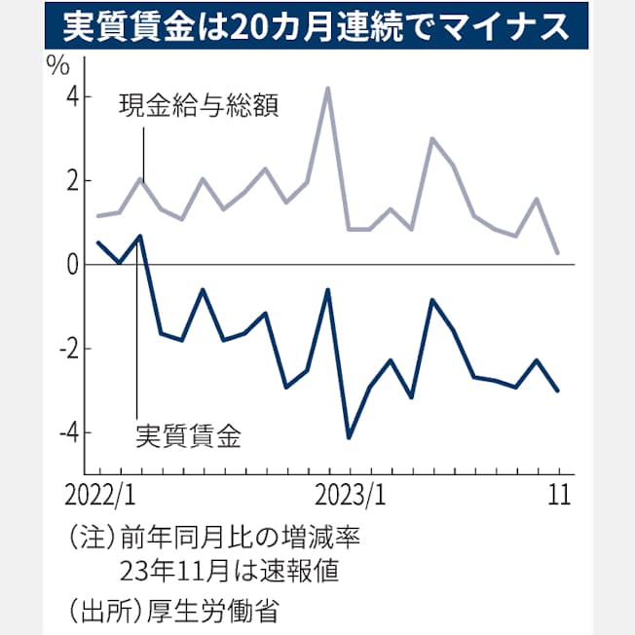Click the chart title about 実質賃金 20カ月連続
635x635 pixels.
point(317,27)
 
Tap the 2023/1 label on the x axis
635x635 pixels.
point(350,493)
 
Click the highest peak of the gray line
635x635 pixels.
point(328,89)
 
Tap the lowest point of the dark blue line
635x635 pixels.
point(349,437)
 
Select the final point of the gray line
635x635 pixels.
point(558,253)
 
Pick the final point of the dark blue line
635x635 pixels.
point(558,391)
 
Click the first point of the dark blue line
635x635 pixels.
point(97,243)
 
